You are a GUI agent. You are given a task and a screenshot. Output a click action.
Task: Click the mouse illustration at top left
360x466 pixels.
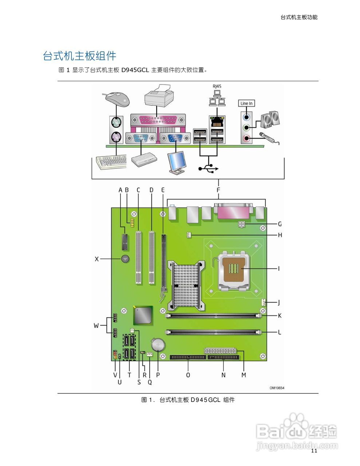118,98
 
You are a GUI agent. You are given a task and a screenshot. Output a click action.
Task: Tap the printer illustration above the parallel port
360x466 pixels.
159,96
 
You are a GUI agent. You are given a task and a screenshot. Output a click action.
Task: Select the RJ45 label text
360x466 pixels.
217,86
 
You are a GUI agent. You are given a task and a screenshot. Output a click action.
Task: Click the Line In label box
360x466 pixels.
246,103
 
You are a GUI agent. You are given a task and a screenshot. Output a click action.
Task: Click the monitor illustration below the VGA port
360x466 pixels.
177,163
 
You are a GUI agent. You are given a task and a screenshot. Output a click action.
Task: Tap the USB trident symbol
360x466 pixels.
208,169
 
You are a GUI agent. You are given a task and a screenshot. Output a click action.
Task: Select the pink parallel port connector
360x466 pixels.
158,119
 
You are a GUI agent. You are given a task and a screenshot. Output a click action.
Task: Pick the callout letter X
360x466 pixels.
97,259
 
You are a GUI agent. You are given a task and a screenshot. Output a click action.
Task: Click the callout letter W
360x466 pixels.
96,325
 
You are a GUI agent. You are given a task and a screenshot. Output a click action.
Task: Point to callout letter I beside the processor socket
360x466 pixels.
279,269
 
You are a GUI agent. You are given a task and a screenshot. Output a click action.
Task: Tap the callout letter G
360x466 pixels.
280,224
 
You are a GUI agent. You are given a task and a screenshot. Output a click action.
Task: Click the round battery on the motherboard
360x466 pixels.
158,344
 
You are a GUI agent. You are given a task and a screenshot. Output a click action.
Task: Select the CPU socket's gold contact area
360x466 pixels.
233,269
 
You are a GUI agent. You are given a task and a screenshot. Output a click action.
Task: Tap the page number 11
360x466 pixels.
314,451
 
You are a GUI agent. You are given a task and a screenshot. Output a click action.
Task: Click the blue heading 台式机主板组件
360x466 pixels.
80,56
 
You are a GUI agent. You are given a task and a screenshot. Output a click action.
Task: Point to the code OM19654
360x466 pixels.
277,388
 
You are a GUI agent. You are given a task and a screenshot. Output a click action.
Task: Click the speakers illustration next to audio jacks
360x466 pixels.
270,119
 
